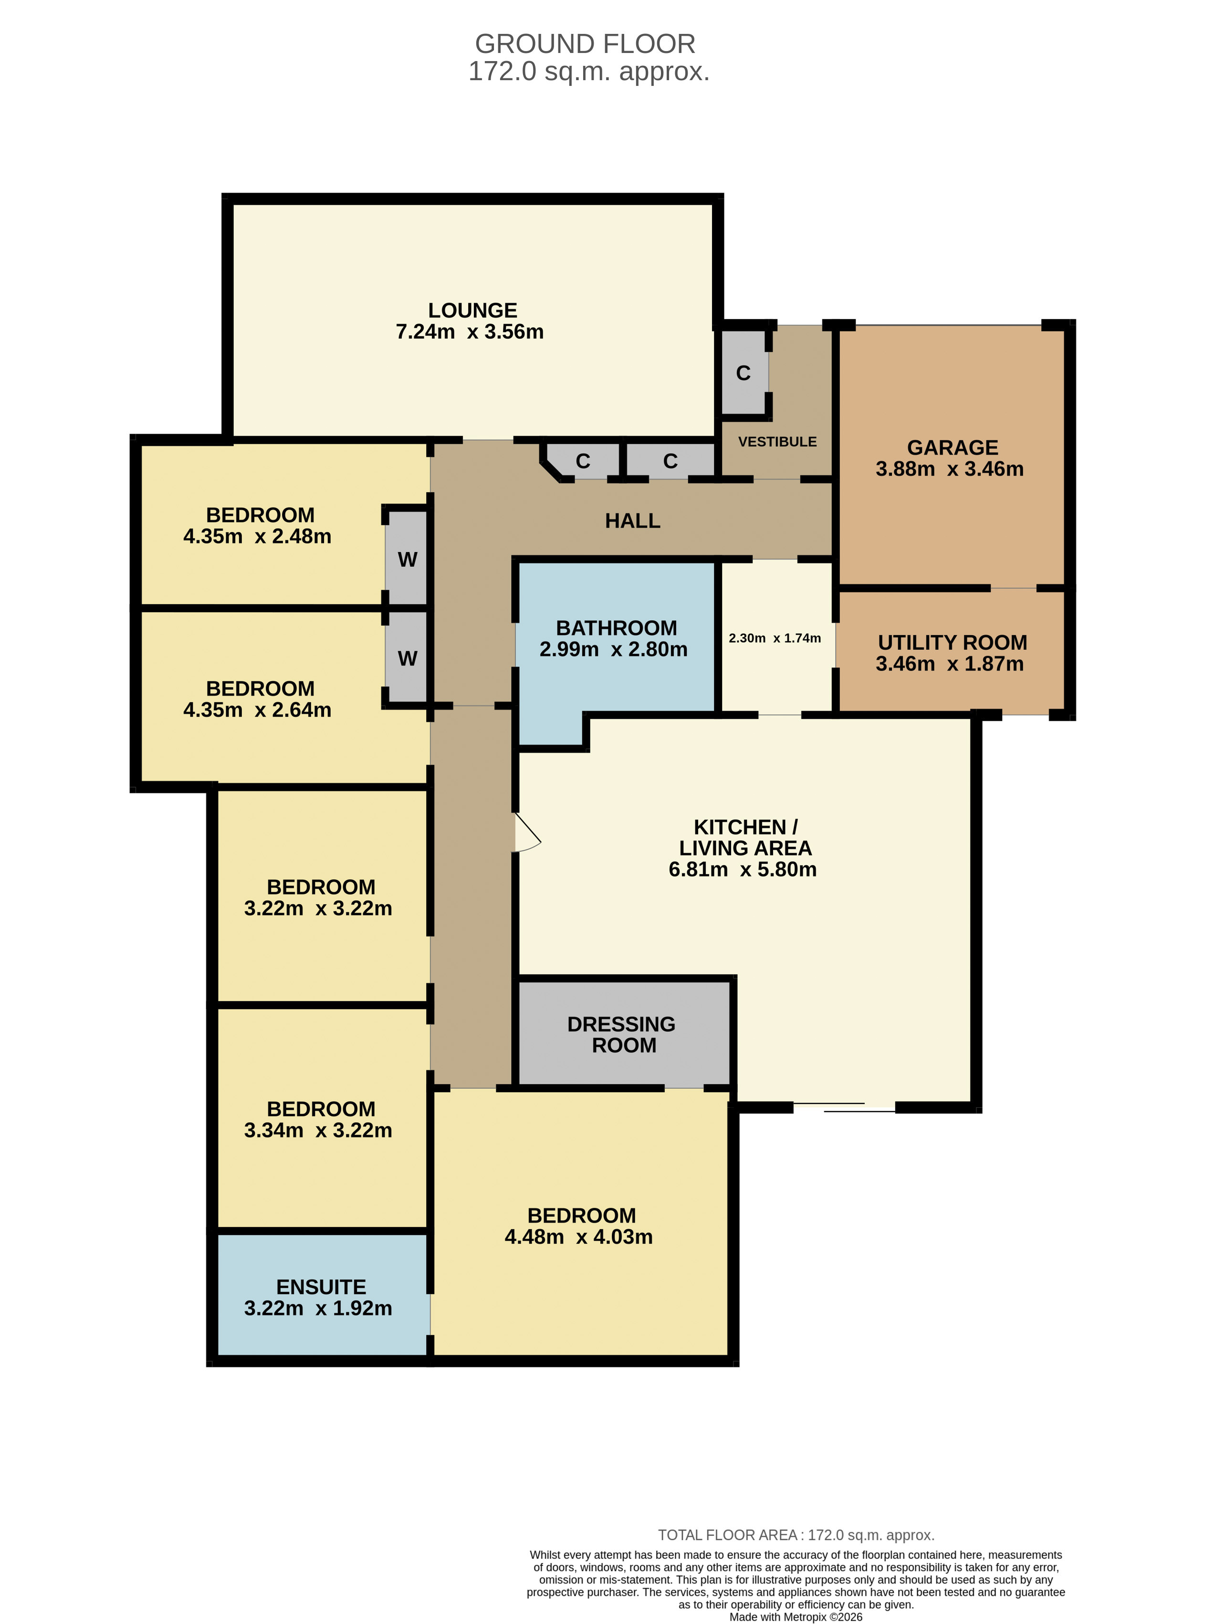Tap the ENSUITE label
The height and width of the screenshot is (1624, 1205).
[x=321, y=1287]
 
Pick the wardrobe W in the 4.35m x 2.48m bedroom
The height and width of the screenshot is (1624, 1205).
[x=407, y=559]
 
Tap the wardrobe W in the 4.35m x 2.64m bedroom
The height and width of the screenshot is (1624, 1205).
[x=407, y=658]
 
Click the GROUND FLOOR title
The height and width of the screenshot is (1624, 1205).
[x=585, y=44]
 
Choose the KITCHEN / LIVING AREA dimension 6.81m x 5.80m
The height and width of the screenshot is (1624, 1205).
[x=743, y=869]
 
